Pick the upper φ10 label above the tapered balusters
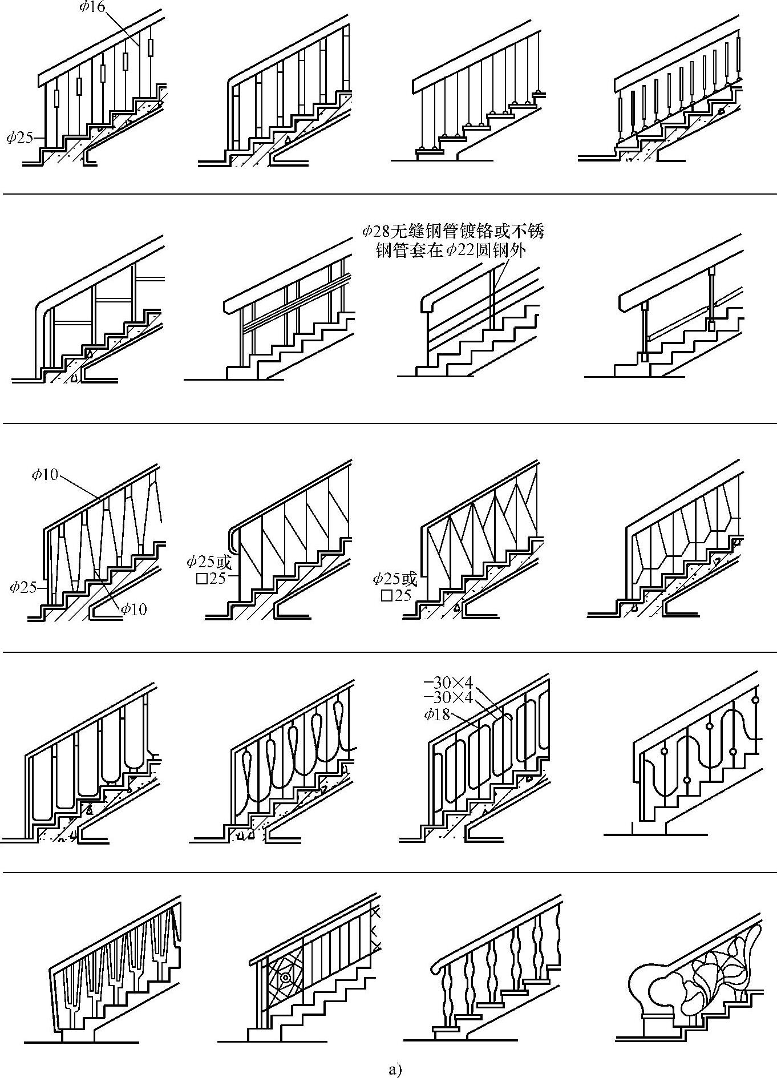(x=44, y=474)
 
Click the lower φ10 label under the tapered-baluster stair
(x=133, y=609)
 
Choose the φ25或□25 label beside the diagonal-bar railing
(x=209, y=570)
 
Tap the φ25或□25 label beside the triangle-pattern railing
(x=395, y=587)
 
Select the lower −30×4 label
(x=448, y=697)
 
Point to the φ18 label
(x=436, y=714)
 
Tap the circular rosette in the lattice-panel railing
(x=285, y=978)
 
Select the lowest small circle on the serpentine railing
(x=687, y=780)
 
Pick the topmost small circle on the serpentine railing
(x=756, y=699)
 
